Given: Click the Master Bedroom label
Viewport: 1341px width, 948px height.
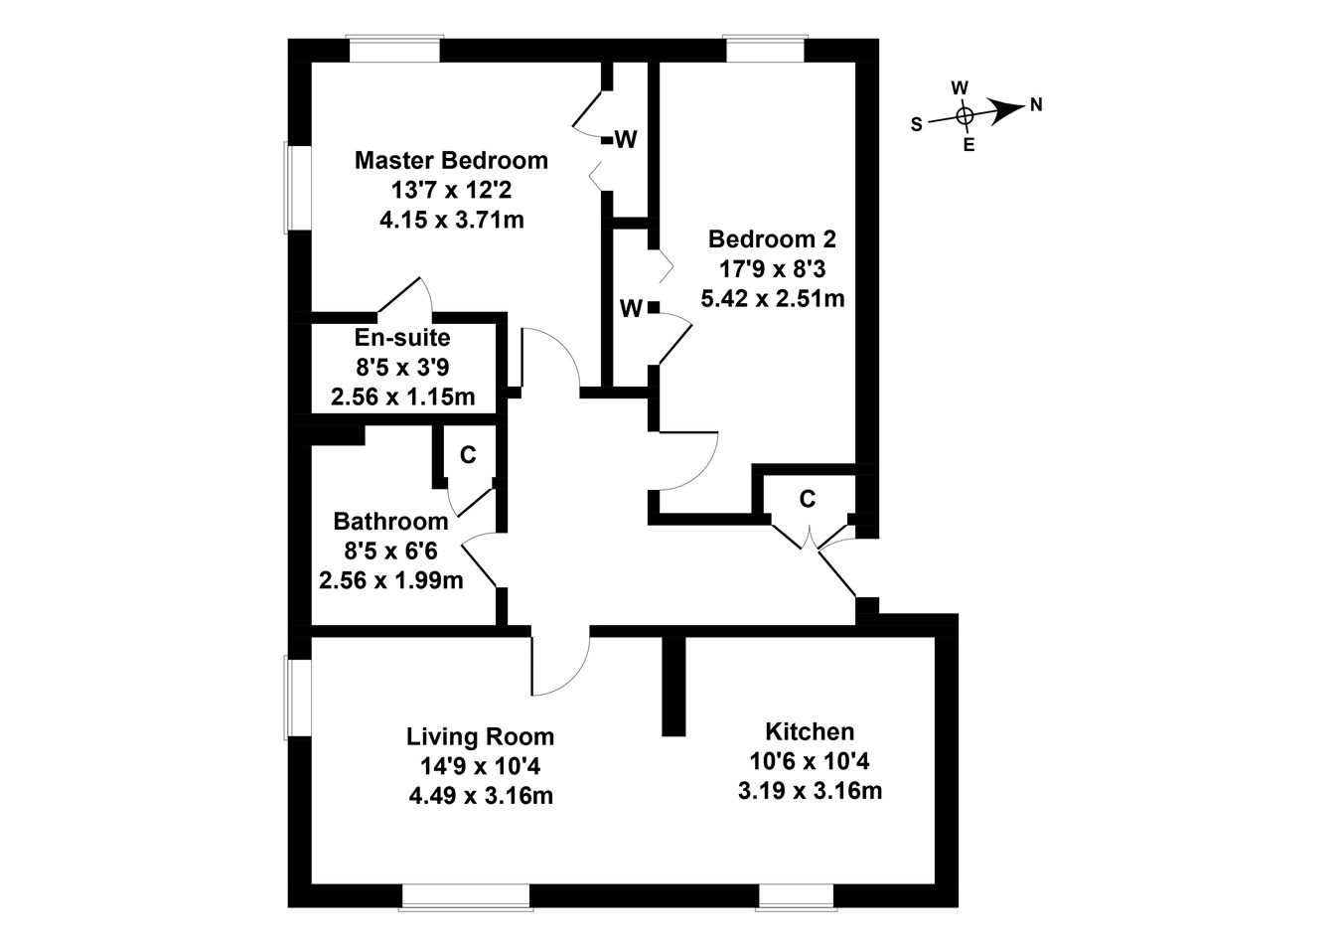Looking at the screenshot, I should click(451, 160).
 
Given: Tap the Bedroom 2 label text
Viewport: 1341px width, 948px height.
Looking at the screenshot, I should click(772, 239).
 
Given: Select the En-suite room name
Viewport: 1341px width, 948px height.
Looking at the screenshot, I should click(401, 338).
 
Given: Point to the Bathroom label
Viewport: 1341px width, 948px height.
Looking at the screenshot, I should click(390, 521).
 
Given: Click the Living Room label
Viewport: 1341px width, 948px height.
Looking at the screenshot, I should click(480, 737).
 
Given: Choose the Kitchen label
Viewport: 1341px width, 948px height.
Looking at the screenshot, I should click(809, 732).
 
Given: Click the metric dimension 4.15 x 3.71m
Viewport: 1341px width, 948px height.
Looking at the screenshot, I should click(451, 219).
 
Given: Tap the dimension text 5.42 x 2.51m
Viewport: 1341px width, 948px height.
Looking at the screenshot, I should click(772, 297).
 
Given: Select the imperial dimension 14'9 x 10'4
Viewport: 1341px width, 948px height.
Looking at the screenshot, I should click(480, 766).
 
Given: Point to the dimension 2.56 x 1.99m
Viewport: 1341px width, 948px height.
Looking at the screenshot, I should click(390, 579).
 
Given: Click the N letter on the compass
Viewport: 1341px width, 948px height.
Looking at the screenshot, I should click(1036, 104).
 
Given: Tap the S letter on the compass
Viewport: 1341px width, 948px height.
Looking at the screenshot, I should click(917, 123).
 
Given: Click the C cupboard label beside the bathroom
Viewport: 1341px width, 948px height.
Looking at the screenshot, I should click(468, 455).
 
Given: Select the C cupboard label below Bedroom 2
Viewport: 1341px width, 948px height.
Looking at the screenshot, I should click(807, 499).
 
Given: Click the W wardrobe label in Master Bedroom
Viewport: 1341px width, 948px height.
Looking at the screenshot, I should click(626, 140).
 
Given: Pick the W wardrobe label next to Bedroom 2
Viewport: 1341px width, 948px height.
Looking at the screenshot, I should click(631, 309).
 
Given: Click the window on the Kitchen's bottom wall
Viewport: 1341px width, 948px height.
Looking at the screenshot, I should click(795, 895).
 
